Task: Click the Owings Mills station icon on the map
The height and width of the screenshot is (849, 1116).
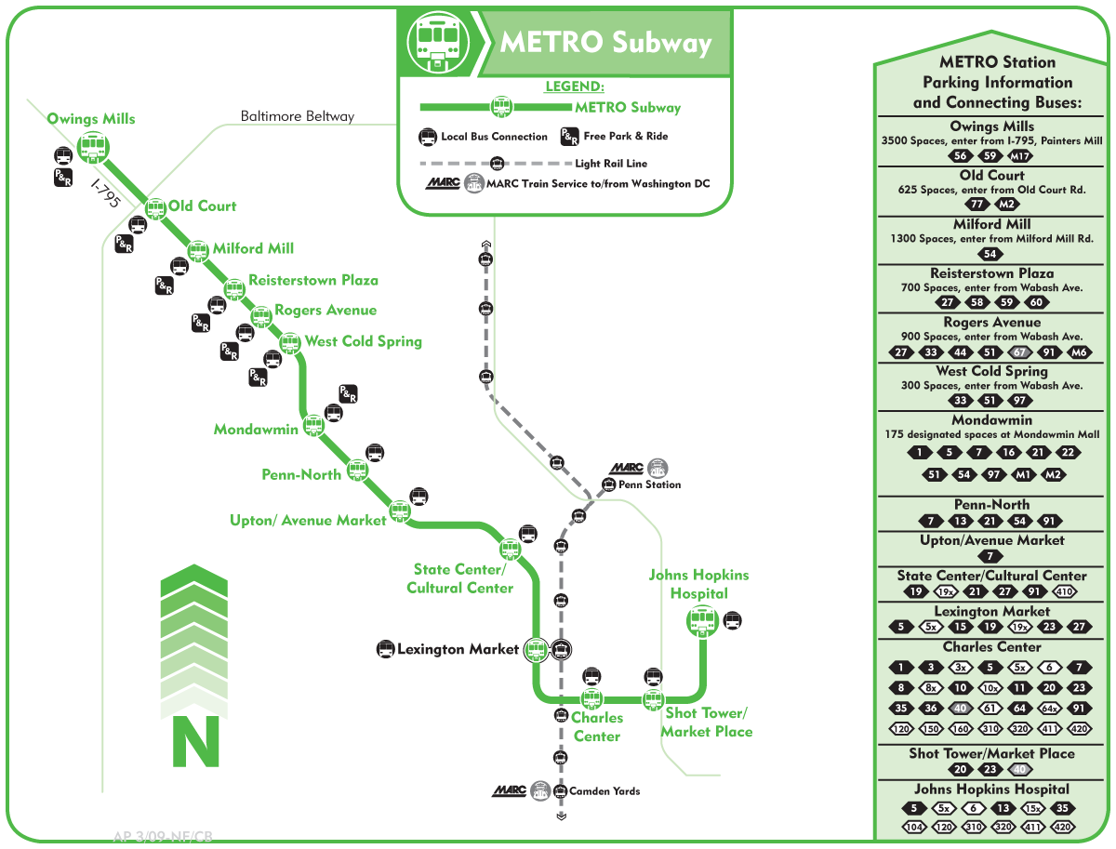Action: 92,146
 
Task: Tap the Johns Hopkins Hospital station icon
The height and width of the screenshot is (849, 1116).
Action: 700,620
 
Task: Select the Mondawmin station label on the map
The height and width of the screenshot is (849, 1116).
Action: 256,430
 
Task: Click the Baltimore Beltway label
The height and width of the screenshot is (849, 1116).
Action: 298,116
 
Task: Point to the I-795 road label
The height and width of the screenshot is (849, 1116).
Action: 105,193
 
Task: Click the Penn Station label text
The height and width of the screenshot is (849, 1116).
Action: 650,484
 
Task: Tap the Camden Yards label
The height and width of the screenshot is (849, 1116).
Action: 604,791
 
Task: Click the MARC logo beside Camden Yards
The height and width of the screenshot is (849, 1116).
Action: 510,790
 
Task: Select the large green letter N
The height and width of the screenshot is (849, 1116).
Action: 195,741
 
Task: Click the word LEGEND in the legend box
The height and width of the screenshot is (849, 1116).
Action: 574,86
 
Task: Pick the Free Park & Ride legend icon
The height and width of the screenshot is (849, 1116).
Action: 569,137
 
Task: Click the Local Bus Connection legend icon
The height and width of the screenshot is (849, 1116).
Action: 427,137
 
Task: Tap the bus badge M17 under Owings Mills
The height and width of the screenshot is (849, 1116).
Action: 1020,156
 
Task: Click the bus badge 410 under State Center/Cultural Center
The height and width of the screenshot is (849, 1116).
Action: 1065,592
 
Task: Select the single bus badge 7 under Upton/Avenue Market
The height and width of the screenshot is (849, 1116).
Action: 991,556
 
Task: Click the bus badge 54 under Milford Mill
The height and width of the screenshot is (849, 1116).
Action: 991,254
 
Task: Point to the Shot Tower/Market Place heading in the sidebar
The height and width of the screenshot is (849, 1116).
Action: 991,753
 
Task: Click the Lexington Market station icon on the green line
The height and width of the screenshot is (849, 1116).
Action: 536,649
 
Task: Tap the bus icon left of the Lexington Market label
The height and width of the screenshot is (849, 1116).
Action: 385,649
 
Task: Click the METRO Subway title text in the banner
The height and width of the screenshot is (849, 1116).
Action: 605,43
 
